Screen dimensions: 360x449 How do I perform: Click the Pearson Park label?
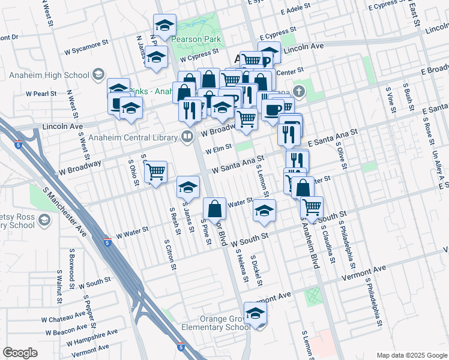pyautogui.click(x=196, y=40)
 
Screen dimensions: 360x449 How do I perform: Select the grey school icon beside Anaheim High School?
pyautogui.click(x=97, y=75)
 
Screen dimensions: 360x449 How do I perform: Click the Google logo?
pyautogui.click(x=20, y=353)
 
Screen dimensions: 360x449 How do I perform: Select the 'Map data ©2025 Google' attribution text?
pyautogui.click(x=411, y=355)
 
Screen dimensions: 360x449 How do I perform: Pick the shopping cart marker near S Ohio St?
pyautogui.click(x=156, y=172)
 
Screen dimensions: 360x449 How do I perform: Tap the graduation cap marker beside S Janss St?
pyautogui.click(x=188, y=187)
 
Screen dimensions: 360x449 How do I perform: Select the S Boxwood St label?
pyautogui.click(x=72, y=268)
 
